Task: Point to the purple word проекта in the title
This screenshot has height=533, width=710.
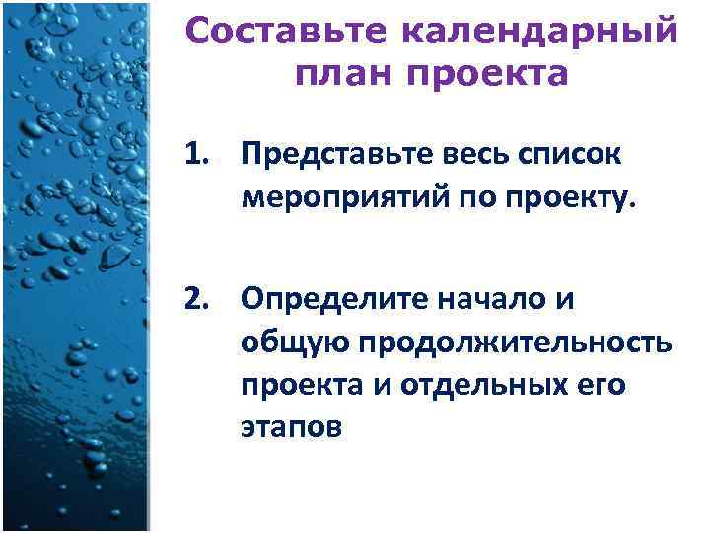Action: click(x=495, y=74)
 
